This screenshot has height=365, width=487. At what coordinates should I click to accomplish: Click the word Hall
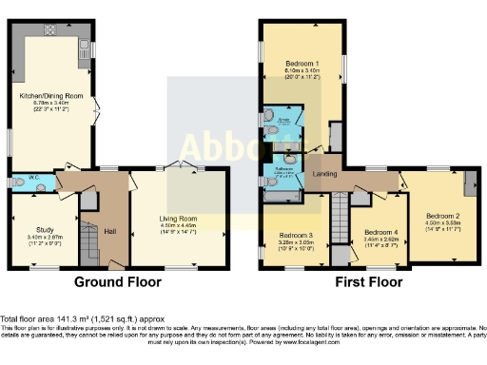pos(109,232)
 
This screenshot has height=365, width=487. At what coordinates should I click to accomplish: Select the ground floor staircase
pos(88,239)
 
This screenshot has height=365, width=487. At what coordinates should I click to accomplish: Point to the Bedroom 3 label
pos(296,235)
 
